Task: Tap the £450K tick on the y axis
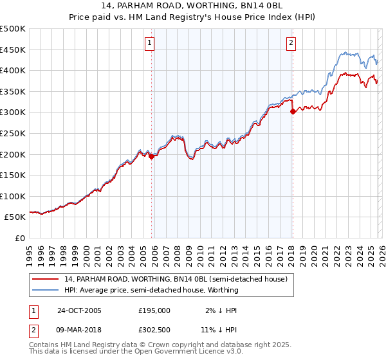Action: [x=13, y=50]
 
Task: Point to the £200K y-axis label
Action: [x=13, y=154]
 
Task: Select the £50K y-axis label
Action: [x=15, y=217]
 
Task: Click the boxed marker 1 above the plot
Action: [x=149, y=43]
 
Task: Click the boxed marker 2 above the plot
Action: [x=291, y=43]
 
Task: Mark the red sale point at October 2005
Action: [x=152, y=156]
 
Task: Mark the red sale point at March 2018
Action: [x=293, y=111]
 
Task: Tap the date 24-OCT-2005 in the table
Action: [x=79, y=310]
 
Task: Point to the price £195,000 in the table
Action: [x=154, y=310]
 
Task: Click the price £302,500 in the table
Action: [x=154, y=331]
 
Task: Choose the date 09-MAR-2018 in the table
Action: [x=80, y=331]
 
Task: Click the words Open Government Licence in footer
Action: [x=187, y=352]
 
